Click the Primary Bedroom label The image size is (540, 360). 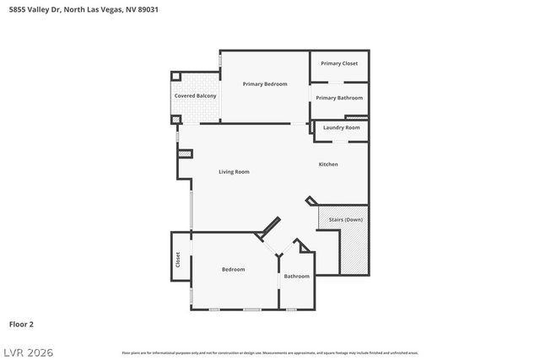point(265,84)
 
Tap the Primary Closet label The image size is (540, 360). point(339,63)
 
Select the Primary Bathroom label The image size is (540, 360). point(339,98)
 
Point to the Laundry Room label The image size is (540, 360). point(341,127)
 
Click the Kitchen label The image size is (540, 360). point(328,164)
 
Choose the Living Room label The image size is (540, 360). point(234,172)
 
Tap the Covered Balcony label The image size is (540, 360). point(196,96)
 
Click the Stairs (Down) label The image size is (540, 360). point(346,219)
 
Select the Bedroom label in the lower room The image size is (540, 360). point(233,269)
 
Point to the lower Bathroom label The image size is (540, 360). point(296,277)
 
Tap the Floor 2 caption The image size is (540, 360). point(21,324)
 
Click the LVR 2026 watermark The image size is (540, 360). point(27,352)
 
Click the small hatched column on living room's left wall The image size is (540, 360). point(185,153)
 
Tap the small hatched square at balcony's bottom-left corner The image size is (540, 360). point(176,121)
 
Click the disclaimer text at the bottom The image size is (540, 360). point(270,352)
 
